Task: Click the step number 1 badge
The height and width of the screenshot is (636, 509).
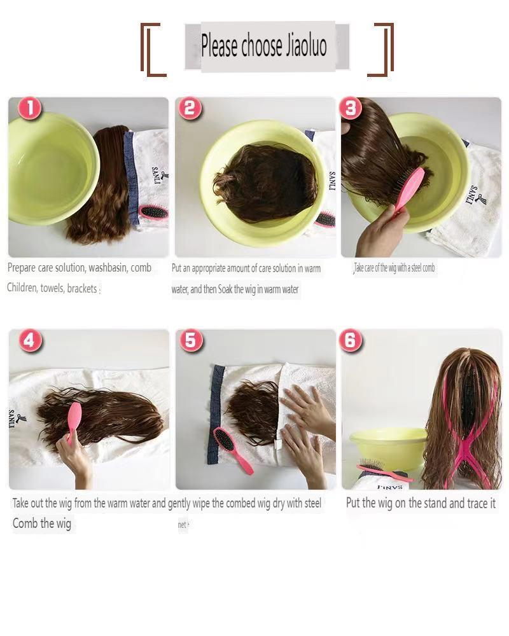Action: (x=29, y=109)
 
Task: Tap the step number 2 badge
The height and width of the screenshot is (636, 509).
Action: (x=188, y=109)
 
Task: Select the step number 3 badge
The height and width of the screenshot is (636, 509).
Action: (x=351, y=109)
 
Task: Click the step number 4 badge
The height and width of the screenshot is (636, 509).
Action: (x=29, y=341)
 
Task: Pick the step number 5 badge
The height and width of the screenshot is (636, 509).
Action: (x=190, y=341)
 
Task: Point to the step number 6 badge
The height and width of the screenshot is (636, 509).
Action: (x=351, y=341)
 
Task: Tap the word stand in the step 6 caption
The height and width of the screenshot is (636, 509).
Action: (x=428, y=503)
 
